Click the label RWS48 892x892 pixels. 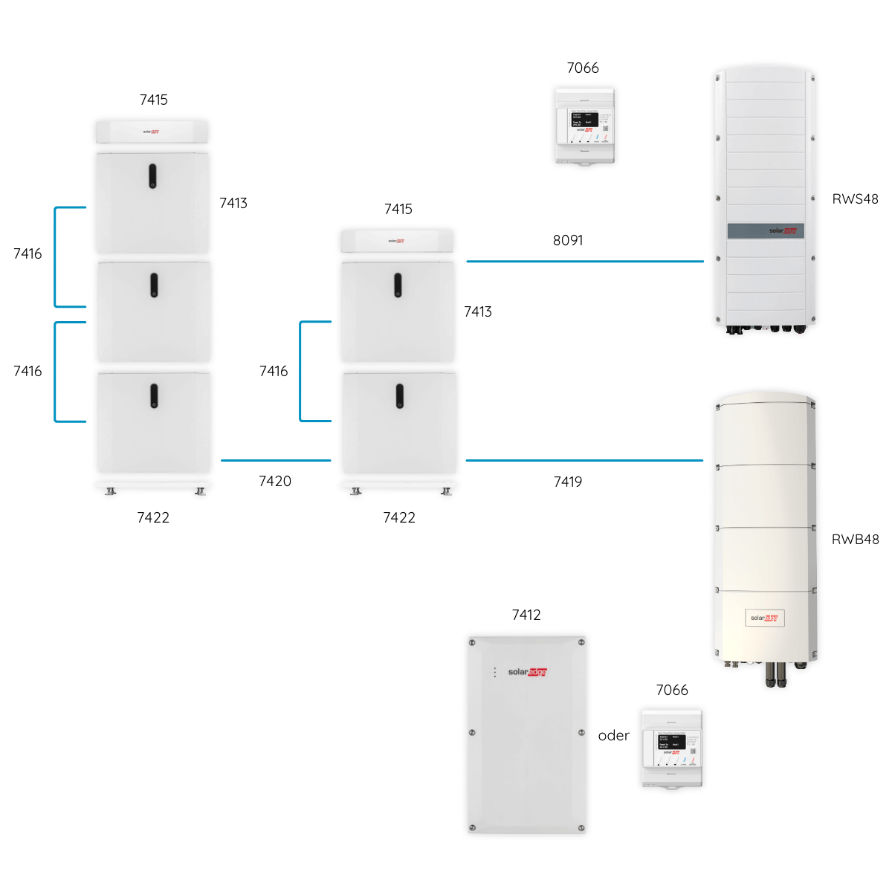[855, 199]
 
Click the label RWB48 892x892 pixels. [855, 540]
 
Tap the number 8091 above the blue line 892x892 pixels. [568, 240]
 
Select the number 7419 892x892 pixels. [568, 482]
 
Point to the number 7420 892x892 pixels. [275, 481]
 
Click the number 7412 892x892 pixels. [526, 615]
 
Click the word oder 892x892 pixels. [613, 735]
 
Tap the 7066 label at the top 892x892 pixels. [583, 68]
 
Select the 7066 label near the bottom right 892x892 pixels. [672, 690]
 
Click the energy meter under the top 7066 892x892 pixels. [585, 125]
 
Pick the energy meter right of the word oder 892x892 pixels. [672, 748]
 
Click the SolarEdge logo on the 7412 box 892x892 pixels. [528, 672]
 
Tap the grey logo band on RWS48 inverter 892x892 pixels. [766, 231]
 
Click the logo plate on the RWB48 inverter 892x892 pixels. [764, 618]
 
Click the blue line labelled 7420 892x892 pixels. [275, 460]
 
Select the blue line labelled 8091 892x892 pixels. [584, 262]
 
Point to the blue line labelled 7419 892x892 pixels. [584, 460]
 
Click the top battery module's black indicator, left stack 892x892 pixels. [152, 176]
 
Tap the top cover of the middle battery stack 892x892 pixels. [397, 241]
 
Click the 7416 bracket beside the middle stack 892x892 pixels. [301, 371]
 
